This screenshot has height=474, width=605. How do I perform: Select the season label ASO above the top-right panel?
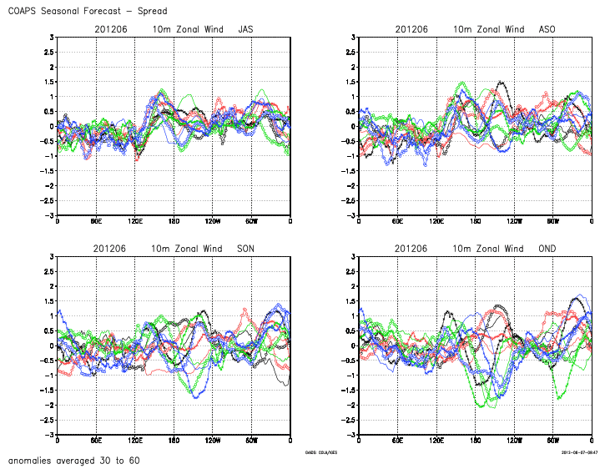pos(547,29)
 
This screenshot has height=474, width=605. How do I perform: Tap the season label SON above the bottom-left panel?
pos(246,249)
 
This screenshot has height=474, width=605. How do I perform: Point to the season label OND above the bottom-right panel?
pos(547,249)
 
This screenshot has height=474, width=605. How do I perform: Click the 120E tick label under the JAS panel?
pos(134,221)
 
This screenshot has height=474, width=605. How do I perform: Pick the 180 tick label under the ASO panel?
pos(476,221)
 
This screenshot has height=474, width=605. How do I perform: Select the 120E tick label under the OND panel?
pos(436,441)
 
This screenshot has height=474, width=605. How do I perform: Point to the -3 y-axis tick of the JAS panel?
pos(50,215)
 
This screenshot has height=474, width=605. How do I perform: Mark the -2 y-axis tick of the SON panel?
pos(50,406)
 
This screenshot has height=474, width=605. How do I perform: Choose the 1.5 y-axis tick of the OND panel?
pos(351,301)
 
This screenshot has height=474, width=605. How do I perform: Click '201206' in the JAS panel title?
pos(110,29)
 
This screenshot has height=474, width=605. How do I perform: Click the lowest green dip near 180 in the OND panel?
pos(481,405)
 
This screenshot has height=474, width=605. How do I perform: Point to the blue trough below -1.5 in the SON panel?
pos(196,396)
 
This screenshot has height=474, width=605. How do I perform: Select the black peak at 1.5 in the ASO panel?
pos(500,82)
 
